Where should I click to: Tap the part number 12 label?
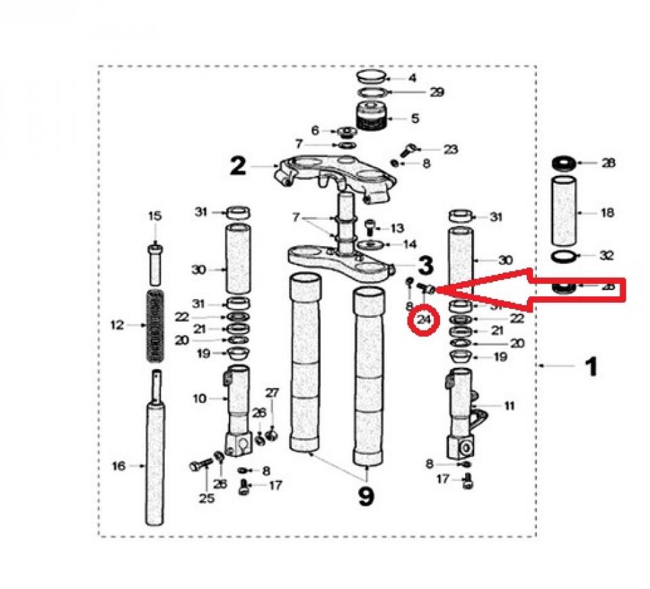tap(116, 325)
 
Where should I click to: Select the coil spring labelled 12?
tap(156, 325)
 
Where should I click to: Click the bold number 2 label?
tap(238, 166)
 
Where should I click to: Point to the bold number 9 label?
tap(365, 496)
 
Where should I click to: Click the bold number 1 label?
tap(590, 367)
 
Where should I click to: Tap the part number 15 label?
tap(155, 216)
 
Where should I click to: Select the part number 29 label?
tap(437, 92)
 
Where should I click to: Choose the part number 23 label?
tap(450, 149)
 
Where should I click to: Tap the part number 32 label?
tap(607, 256)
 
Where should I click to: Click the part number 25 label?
tap(207, 498)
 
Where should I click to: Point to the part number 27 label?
tap(272, 392)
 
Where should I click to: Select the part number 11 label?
tap(509, 406)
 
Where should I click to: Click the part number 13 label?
tap(397, 228)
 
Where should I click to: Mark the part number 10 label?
tap(199, 399)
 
